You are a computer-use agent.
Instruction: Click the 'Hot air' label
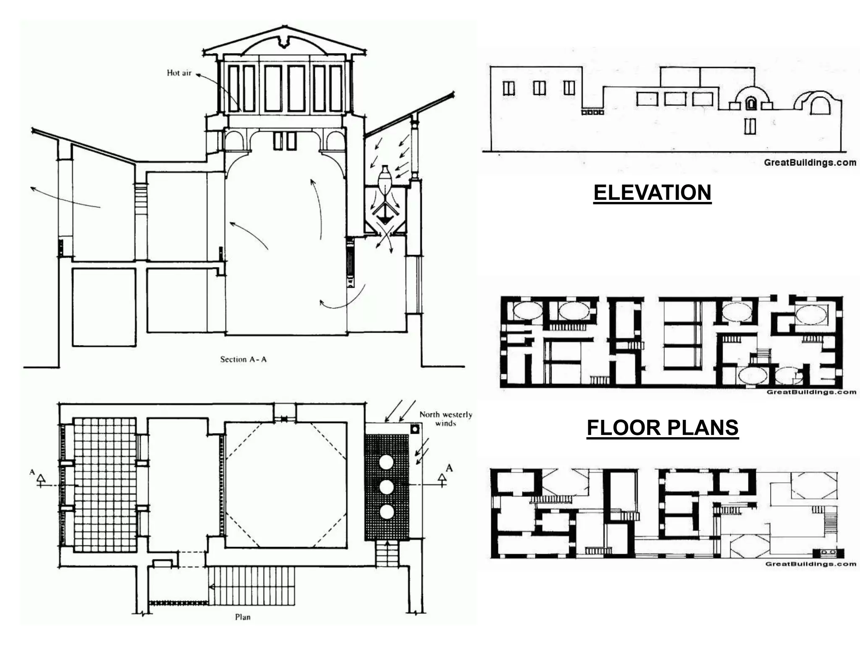pyautogui.click(x=179, y=73)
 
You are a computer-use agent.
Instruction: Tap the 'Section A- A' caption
pyautogui.click(x=243, y=359)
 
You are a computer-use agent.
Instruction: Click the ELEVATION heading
pyautogui.click(x=652, y=193)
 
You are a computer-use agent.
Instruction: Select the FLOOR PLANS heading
pyautogui.click(x=663, y=428)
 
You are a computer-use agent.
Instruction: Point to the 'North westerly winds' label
pyautogui.click(x=446, y=419)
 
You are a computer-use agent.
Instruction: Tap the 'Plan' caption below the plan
pyautogui.click(x=243, y=617)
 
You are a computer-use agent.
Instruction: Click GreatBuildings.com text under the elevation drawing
pyautogui.click(x=810, y=163)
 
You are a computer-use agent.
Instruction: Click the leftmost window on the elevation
pyautogui.click(x=509, y=88)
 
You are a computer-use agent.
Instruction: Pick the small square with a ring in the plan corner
pyautogui.click(x=415, y=429)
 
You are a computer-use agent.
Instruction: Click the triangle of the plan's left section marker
pyautogui.click(x=41, y=478)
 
